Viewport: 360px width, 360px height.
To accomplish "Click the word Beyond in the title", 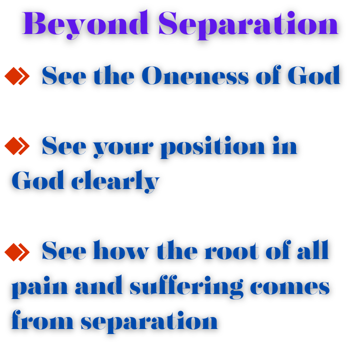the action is point(85,24).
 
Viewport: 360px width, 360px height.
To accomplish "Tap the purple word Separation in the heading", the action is point(248,25).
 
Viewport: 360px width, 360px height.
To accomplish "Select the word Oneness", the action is point(195,75).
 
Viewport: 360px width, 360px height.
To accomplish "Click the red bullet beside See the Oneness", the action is point(17,76).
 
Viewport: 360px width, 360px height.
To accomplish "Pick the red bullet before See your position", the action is point(17,146).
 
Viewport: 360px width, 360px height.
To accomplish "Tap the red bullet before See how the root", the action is point(17,252).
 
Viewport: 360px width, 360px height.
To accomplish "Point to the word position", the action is point(212,147).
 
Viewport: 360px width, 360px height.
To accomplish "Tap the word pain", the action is point(39,287).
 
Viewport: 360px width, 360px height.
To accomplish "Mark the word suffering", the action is point(186,286).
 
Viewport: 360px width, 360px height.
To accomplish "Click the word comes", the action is point(289,287).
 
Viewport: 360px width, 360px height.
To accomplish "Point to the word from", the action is point(42,319).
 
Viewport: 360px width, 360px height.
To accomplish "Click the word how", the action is point(121,250).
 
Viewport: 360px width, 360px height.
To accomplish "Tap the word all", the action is point(312,250).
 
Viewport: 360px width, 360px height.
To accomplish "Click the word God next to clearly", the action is point(37,180).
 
